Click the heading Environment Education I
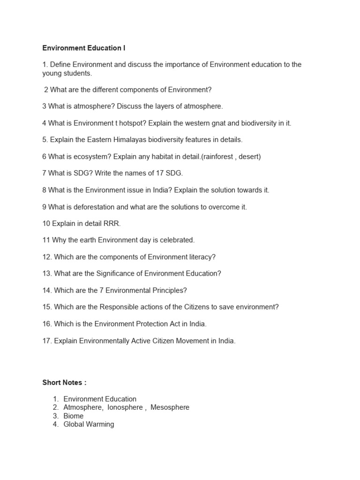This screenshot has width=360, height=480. [x=84, y=48]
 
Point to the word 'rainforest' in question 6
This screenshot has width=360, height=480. [x=217, y=157]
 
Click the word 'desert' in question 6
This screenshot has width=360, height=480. [x=249, y=157]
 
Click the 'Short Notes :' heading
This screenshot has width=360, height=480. [x=64, y=382]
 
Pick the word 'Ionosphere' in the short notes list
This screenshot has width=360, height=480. [x=125, y=407]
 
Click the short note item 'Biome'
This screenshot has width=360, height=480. [x=74, y=416]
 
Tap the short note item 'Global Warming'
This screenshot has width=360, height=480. [x=89, y=424]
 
